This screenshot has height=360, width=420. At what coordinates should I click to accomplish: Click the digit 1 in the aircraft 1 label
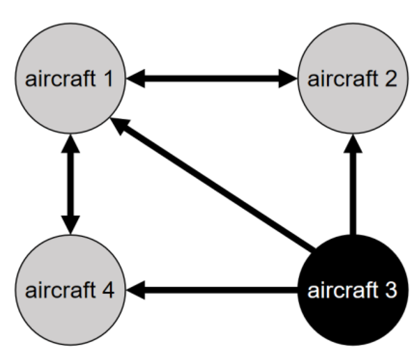(108, 78)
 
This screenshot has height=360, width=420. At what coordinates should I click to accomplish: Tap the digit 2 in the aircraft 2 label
(390, 78)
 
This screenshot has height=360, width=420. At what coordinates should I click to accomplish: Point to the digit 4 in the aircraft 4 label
(108, 290)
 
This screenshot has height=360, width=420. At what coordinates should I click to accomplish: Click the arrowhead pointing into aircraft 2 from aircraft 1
(287, 78)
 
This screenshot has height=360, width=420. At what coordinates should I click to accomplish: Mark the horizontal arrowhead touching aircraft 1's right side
(136, 78)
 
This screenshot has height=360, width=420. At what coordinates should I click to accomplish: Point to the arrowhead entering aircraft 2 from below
(353, 144)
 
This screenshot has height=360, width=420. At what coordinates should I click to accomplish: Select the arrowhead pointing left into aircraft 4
(136, 290)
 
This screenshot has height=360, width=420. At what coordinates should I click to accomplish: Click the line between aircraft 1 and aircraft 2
(212, 78)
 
